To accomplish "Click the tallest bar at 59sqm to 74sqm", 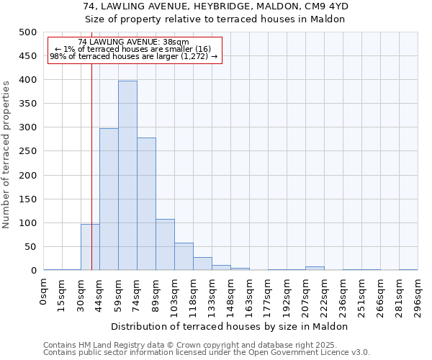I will click(127, 176).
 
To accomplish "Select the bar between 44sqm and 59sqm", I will click(109, 199).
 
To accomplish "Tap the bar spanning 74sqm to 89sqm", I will click(146, 204).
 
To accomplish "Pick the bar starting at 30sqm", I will click(90, 247).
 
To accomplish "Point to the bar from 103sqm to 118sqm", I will click(184, 256).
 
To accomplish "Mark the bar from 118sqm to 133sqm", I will click(202, 264).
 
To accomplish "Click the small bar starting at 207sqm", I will click(315, 269).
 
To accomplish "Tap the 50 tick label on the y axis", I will click(30, 247).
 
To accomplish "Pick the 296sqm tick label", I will click(418, 295).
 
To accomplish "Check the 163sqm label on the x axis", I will click(249, 295).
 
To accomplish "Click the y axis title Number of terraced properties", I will click(6, 154).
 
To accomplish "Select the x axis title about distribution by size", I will click(230, 326).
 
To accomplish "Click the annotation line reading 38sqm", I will click(133, 42).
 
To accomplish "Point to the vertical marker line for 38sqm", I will click(91, 180).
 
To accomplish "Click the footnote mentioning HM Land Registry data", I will click(194, 345).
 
